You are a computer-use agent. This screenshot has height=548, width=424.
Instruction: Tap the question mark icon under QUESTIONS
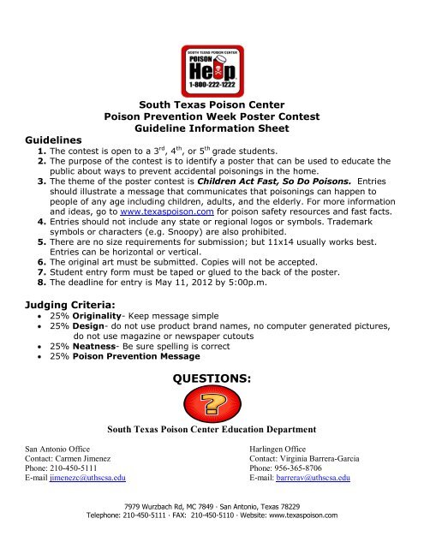pos(212,405)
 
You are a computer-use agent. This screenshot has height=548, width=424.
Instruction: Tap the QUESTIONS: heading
pos(212,375)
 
